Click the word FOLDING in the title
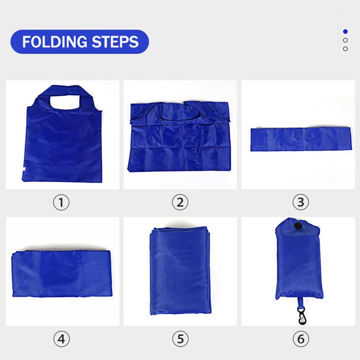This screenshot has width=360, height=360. click(x=54, y=42)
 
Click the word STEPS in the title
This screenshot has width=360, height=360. click(x=115, y=42)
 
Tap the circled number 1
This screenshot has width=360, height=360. click(x=61, y=202)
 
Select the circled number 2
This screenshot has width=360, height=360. click(x=180, y=202)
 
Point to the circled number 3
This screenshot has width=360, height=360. click(x=301, y=202)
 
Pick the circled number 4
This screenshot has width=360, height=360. click(x=62, y=339)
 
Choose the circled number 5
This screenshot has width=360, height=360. click(x=180, y=339)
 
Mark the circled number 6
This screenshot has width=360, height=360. click(x=301, y=339)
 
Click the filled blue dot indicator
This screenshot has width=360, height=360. click(x=345, y=31)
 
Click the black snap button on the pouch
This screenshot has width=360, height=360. click(x=298, y=225)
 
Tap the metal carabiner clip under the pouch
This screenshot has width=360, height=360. click(x=301, y=315)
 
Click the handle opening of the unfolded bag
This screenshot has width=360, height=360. click(x=65, y=102)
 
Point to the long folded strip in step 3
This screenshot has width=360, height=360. click(x=301, y=139)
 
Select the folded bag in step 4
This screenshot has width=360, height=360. click(x=62, y=274)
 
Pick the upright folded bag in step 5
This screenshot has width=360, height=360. click(x=180, y=270)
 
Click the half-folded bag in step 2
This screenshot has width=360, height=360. click(x=179, y=136)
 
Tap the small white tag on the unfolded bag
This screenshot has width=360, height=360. click(x=24, y=169)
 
